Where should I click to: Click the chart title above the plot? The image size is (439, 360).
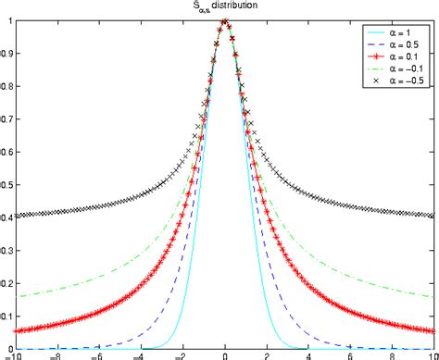225,6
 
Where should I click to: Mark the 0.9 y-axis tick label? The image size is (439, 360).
6,54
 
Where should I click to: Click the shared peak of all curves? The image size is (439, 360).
226,21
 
